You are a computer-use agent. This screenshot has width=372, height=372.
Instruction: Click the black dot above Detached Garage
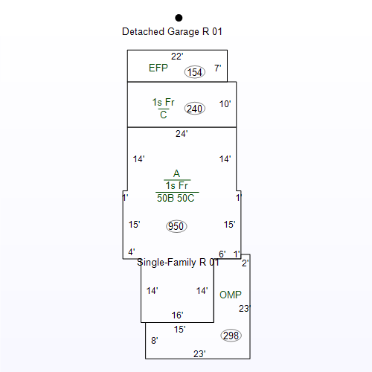(179, 18)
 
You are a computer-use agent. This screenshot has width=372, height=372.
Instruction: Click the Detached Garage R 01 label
(172, 32)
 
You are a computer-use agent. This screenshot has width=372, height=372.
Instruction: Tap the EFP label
(158, 68)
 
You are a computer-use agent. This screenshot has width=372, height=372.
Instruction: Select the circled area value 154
(195, 72)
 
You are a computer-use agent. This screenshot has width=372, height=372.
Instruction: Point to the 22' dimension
(177, 57)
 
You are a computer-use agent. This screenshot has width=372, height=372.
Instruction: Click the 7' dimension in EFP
(217, 68)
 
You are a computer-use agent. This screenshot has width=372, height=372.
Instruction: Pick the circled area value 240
(195, 109)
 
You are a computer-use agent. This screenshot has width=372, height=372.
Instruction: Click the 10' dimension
(225, 104)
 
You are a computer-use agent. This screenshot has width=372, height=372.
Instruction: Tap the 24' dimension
(182, 134)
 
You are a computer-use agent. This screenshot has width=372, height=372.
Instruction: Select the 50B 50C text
(176, 198)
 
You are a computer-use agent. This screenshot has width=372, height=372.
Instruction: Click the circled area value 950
(176, 226)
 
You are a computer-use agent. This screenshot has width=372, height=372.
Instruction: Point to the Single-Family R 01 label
(178, 262)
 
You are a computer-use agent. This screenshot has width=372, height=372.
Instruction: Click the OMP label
(231, 295)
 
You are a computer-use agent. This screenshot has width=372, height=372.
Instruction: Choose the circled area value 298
(231, 336)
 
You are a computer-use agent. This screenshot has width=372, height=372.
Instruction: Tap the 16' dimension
(177, 315)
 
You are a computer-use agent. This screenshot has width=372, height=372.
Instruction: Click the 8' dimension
(155, 341)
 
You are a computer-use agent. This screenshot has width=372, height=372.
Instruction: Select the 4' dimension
(132, 252)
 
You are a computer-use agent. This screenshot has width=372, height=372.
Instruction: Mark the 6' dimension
(222, 254)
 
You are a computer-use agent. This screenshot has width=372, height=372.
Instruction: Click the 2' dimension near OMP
(245, 263)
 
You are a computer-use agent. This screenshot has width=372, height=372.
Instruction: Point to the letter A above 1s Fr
(176, 173)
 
